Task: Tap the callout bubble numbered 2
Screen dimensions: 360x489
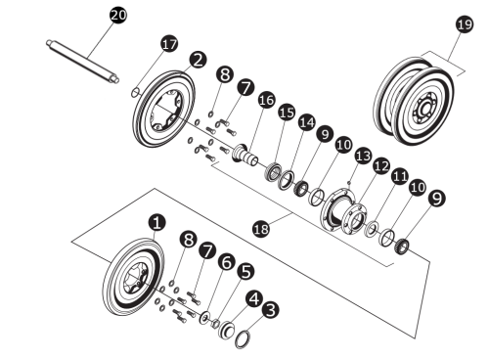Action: pos(198,61)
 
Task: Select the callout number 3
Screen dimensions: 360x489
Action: pos(271,310)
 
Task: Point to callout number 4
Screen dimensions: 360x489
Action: pos(252,297)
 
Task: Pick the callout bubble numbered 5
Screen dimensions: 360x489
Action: pos(244,273)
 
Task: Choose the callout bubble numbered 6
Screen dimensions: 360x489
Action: pos(227,262)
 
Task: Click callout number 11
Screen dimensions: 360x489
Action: pos(401,177)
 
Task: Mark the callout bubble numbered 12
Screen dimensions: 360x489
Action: pos(381,165)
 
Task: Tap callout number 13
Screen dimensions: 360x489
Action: pos(363,156)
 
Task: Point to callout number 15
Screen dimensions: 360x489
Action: pos(286,113)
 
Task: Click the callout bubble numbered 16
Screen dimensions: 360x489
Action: pos(265,102)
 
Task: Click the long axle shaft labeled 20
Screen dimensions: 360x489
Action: pos(83,62)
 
